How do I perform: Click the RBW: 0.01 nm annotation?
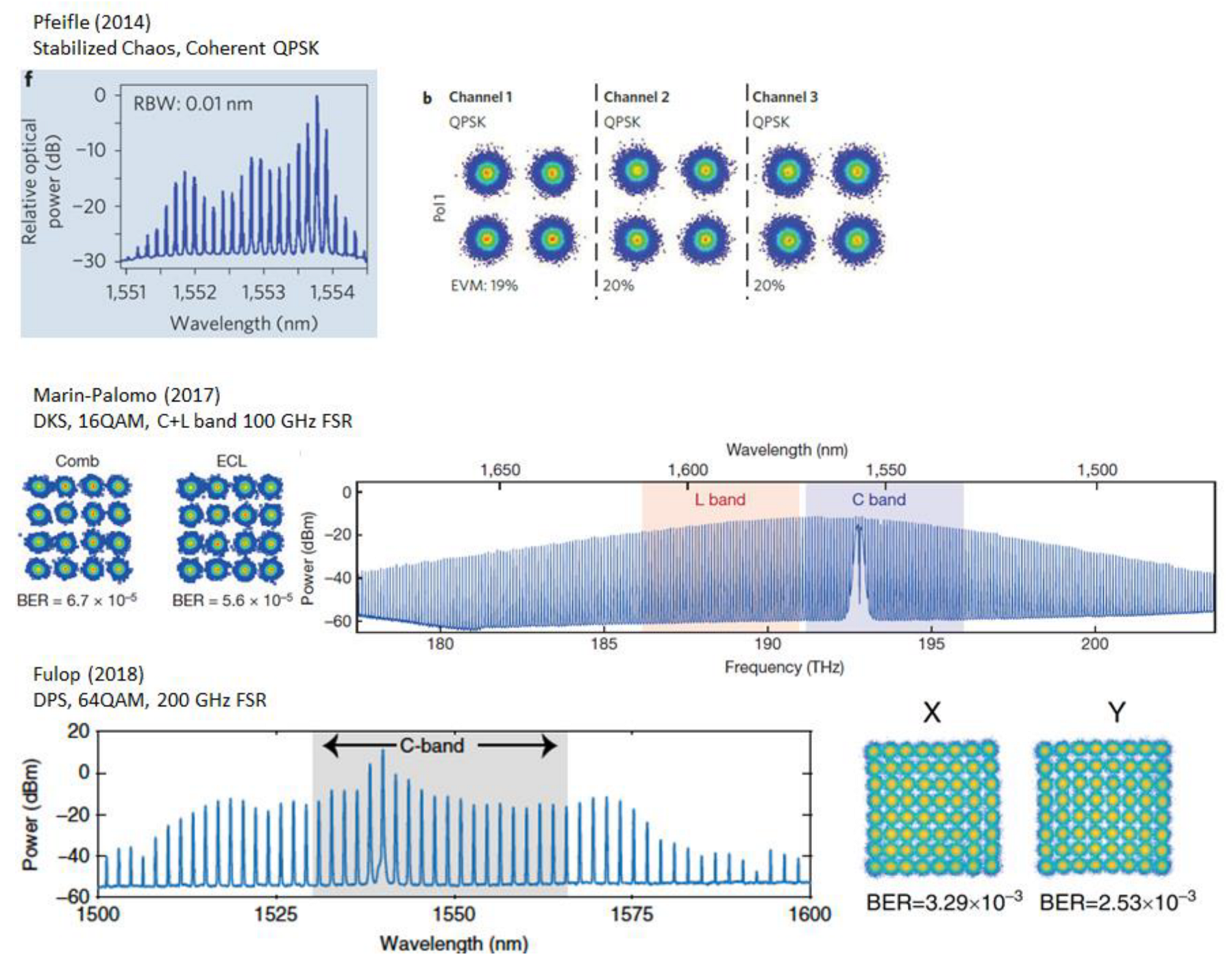[x=193, y=104]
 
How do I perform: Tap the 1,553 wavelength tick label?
[x=263, y=292]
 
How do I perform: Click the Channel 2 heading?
[x=636, y=97]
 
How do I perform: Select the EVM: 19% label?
[x=484, y=286]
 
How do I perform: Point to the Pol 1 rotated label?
[x=439, y=208]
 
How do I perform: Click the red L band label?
[x=719, y=499]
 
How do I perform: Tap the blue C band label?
[x=878, y=499]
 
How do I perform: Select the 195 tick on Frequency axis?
[x=931, y=644]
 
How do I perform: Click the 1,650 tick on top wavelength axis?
[x=500, y=470]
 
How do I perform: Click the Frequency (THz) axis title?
[x=784, y=667]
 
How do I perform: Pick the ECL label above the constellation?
[x=231, y=461]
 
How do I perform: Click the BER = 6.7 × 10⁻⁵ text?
[x=77, y=601]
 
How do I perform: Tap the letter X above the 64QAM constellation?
[x=931, y=713]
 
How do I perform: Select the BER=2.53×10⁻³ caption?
[x=1117, y=902]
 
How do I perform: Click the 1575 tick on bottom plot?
[x=631, y=914]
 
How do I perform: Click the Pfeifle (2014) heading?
[x=92, y=22]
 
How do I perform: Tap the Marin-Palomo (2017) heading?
[x=127, y=395]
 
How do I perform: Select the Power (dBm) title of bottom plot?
[x=30, y=814]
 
